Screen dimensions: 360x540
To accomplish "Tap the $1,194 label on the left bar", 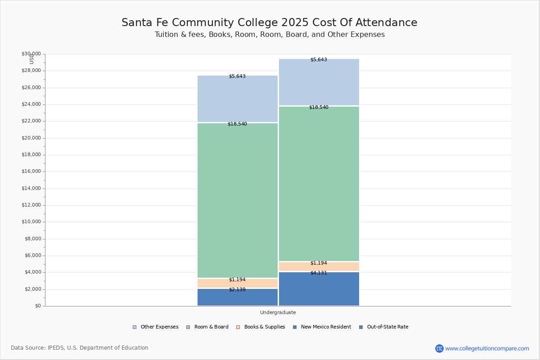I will tap(237, 280).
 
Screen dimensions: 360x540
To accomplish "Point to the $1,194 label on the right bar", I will tap(319, 263).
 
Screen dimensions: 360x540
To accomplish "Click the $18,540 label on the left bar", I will tap(237, 124).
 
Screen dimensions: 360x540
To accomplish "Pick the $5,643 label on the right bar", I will tap(319, 60).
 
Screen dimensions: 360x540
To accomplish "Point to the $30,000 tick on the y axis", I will tap(31, 54).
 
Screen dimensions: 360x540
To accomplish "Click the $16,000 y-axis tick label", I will tap(31, 171).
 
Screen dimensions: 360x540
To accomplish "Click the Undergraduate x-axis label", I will tap(278, 312).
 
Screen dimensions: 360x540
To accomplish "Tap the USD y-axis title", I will tap(31, 59).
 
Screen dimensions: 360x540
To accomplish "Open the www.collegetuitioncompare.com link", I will tap(487, 348).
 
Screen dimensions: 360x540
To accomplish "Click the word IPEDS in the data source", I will tap(56, 348).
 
